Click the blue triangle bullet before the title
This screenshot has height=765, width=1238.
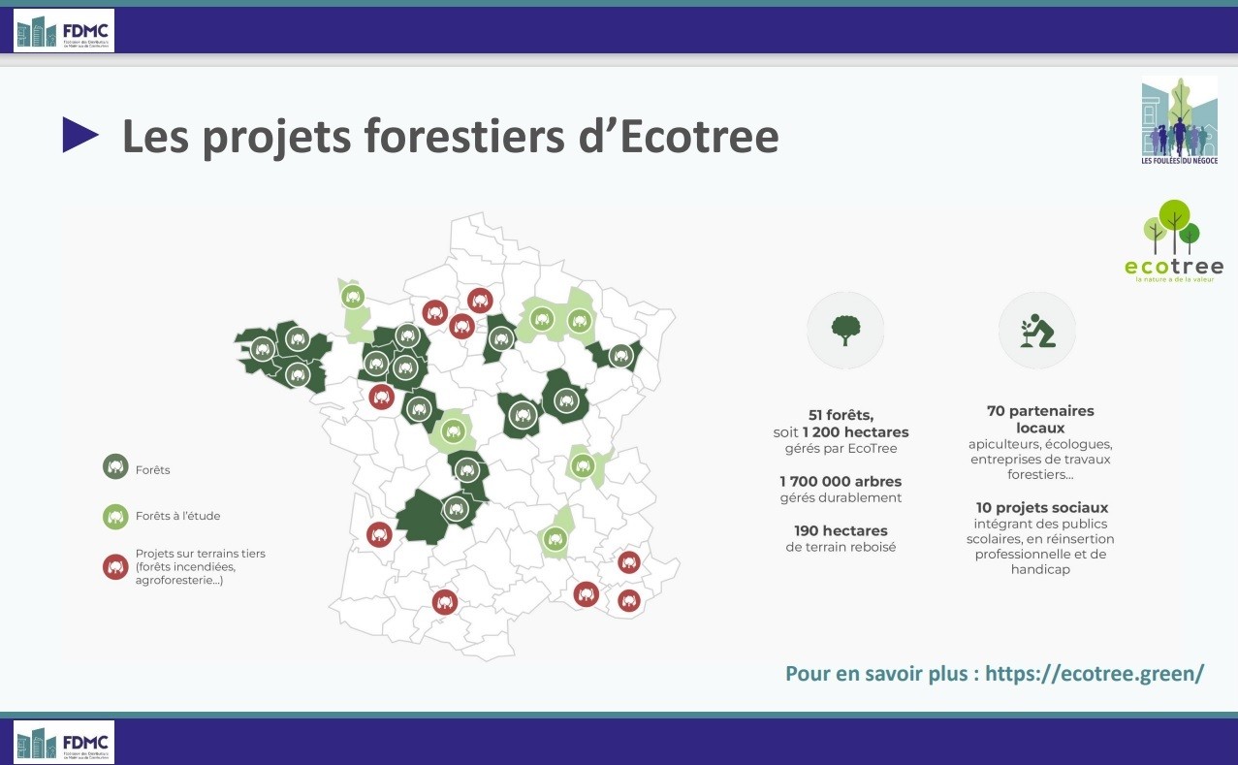[x=80, y=136]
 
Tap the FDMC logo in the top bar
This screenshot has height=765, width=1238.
[x=64, y=31]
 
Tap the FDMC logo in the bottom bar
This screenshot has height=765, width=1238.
[x=64, y=742]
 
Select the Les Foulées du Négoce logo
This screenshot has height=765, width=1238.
[x=1179, y=121]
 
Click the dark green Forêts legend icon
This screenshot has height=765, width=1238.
[x=115, y=467]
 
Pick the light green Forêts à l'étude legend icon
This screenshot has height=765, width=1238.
[x=115, y=517]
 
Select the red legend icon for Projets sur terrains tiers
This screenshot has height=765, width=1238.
[x=115, y=567]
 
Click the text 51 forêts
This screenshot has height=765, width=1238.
[x=841, y=415]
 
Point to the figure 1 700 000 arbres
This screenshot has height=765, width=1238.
[x=841, y=481]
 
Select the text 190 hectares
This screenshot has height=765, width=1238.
[x=841, y=530]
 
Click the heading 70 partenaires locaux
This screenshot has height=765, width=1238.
[x=1040, y=419]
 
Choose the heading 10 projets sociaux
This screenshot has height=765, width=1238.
[x=1042, y=507]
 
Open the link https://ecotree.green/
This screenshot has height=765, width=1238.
[x=1095, y=673]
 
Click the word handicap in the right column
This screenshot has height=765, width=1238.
[x=1040, y=570]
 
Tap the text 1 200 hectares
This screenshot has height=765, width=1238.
[x=855, y=431]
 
